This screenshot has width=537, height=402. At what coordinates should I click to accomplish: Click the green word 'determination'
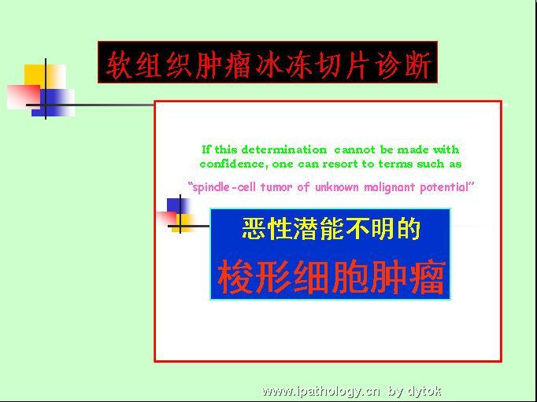pyautogui.click(x=284, y=149)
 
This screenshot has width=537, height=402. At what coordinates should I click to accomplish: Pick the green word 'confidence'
pyautogui.click(x=232, y=164)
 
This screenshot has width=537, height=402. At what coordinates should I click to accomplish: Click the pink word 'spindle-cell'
pyautogui.click(x=225, y=187)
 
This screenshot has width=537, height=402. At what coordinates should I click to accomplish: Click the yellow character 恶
pyautogui.click(x=254, y=228)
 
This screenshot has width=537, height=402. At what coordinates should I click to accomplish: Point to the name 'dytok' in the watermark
pyautogui.click(x=424, y=391)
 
